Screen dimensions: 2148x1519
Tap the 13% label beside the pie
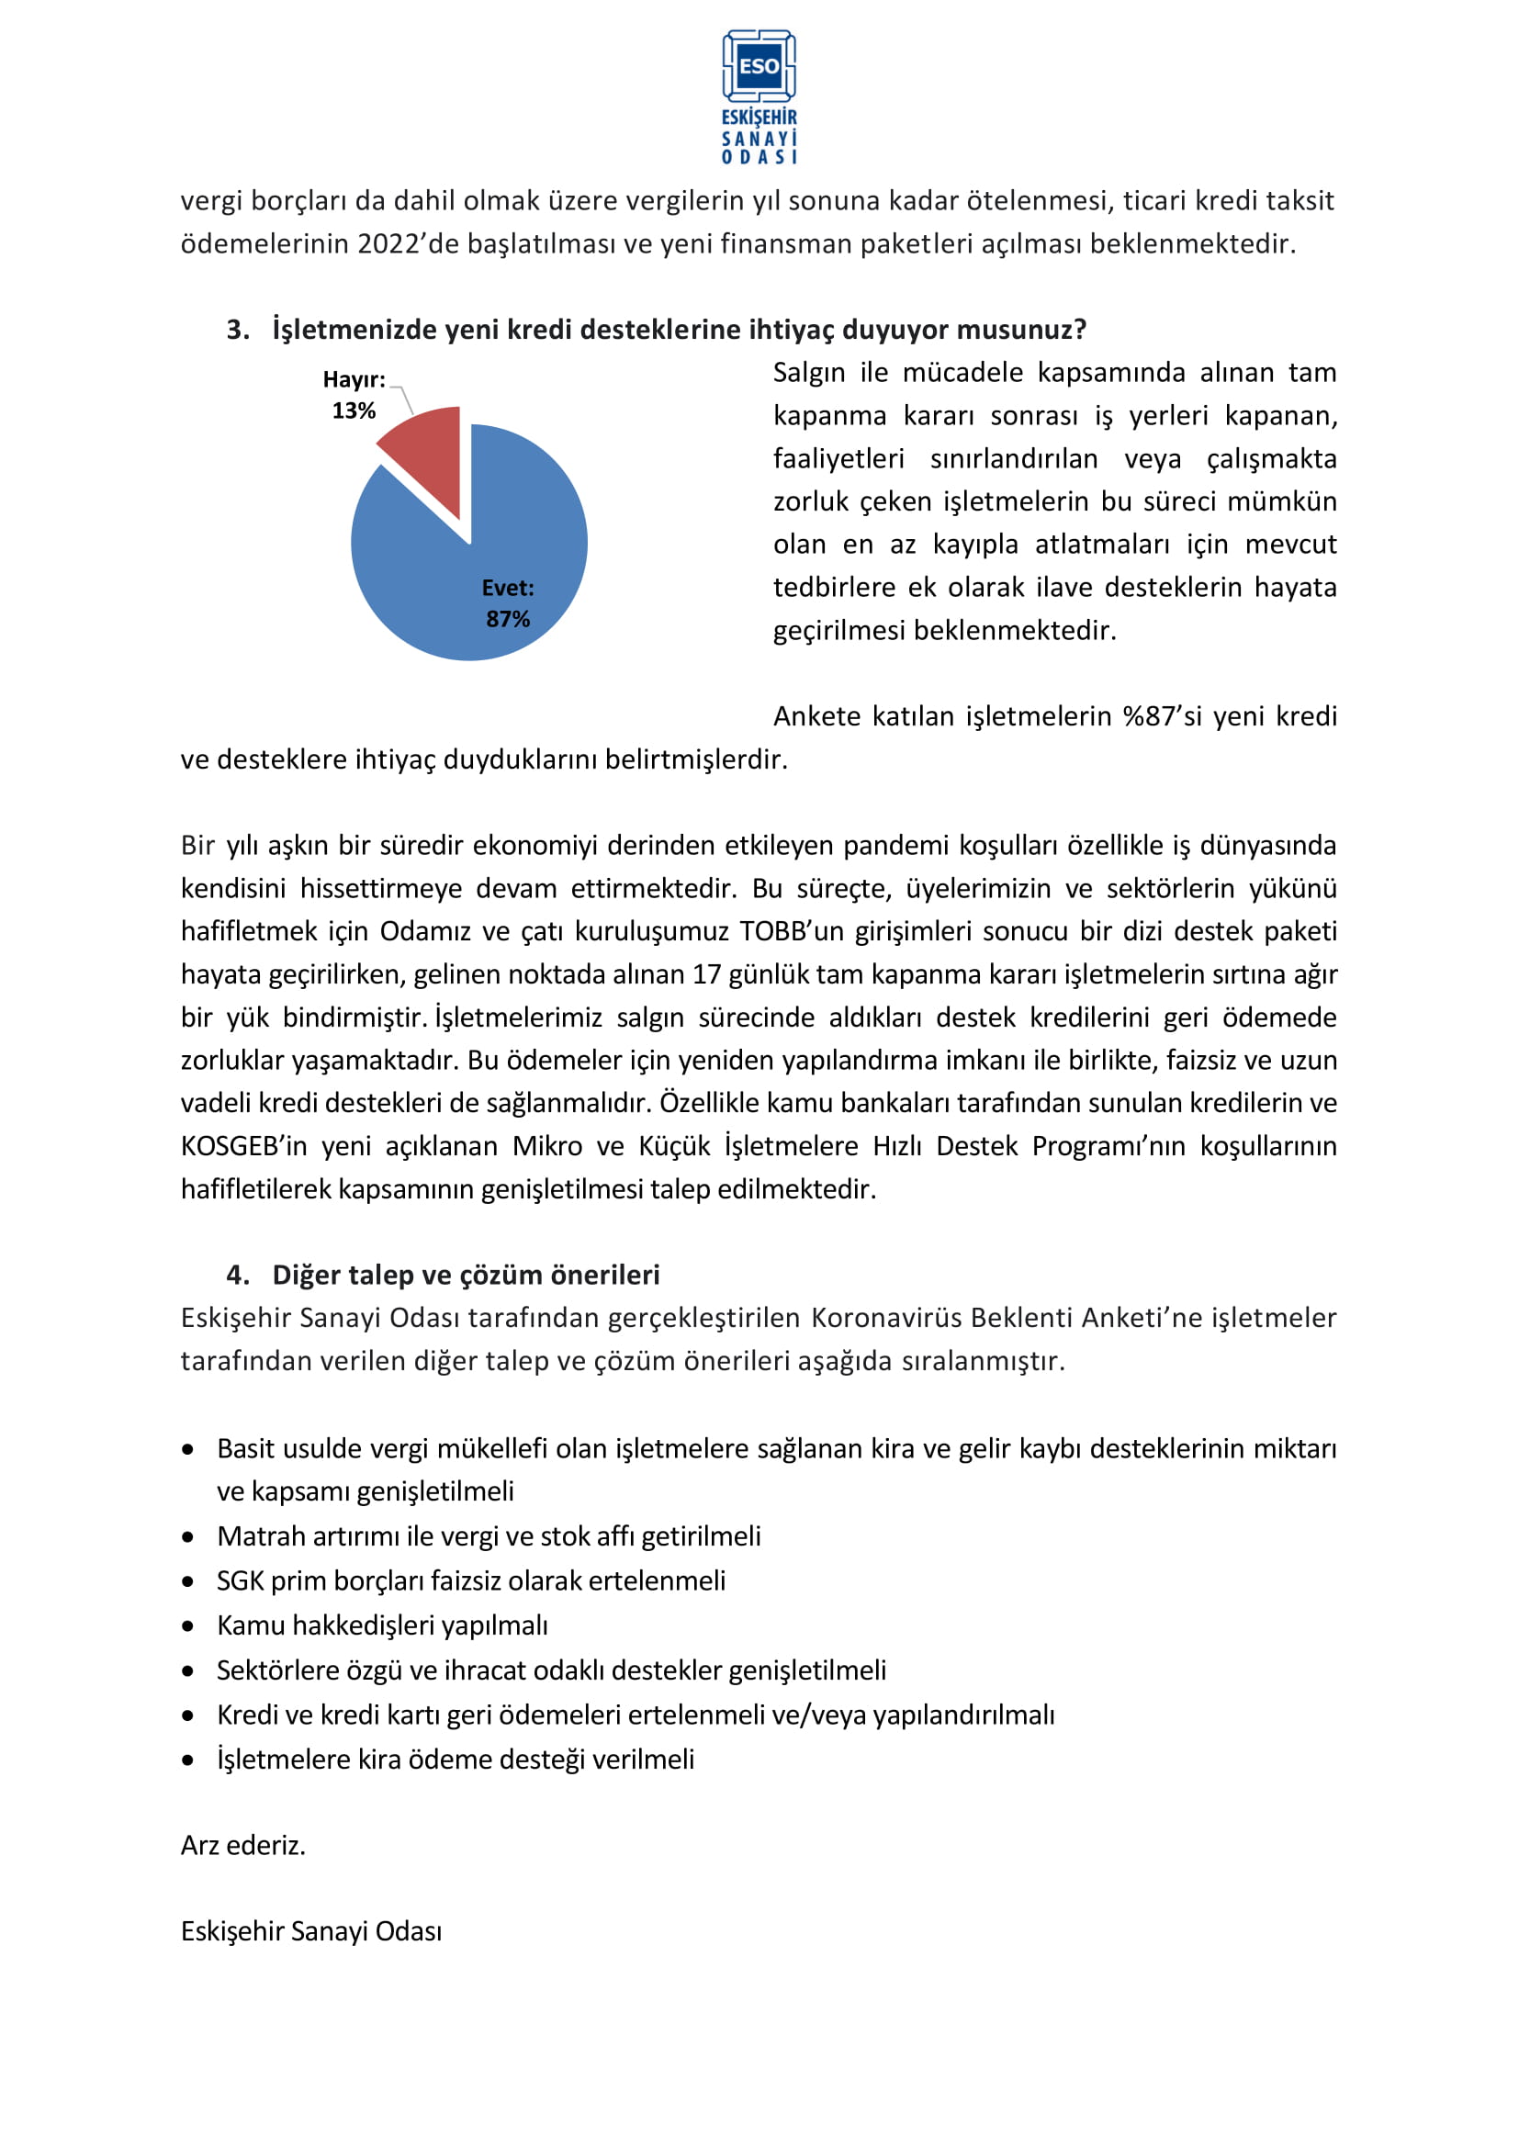(x=354, y=410)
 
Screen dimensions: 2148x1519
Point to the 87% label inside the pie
(x=507, y=618)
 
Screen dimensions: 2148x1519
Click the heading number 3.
(x=237, y=330)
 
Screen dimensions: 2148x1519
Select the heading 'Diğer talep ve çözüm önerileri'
(x=466, y=1275)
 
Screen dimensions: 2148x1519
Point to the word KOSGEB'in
(x=244, y=1146)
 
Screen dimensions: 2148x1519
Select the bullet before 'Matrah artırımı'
(x=189, y=1536)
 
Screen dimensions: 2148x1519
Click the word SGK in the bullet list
(x=241, y=1581)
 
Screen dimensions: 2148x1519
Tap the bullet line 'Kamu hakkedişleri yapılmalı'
(x=383, y=1625)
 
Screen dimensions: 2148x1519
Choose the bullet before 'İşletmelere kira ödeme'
(x=189, y=1760)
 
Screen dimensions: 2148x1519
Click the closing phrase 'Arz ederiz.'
(x=243, y=1846)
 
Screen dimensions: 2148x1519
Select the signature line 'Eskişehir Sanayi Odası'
(x=311, y=1931)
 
